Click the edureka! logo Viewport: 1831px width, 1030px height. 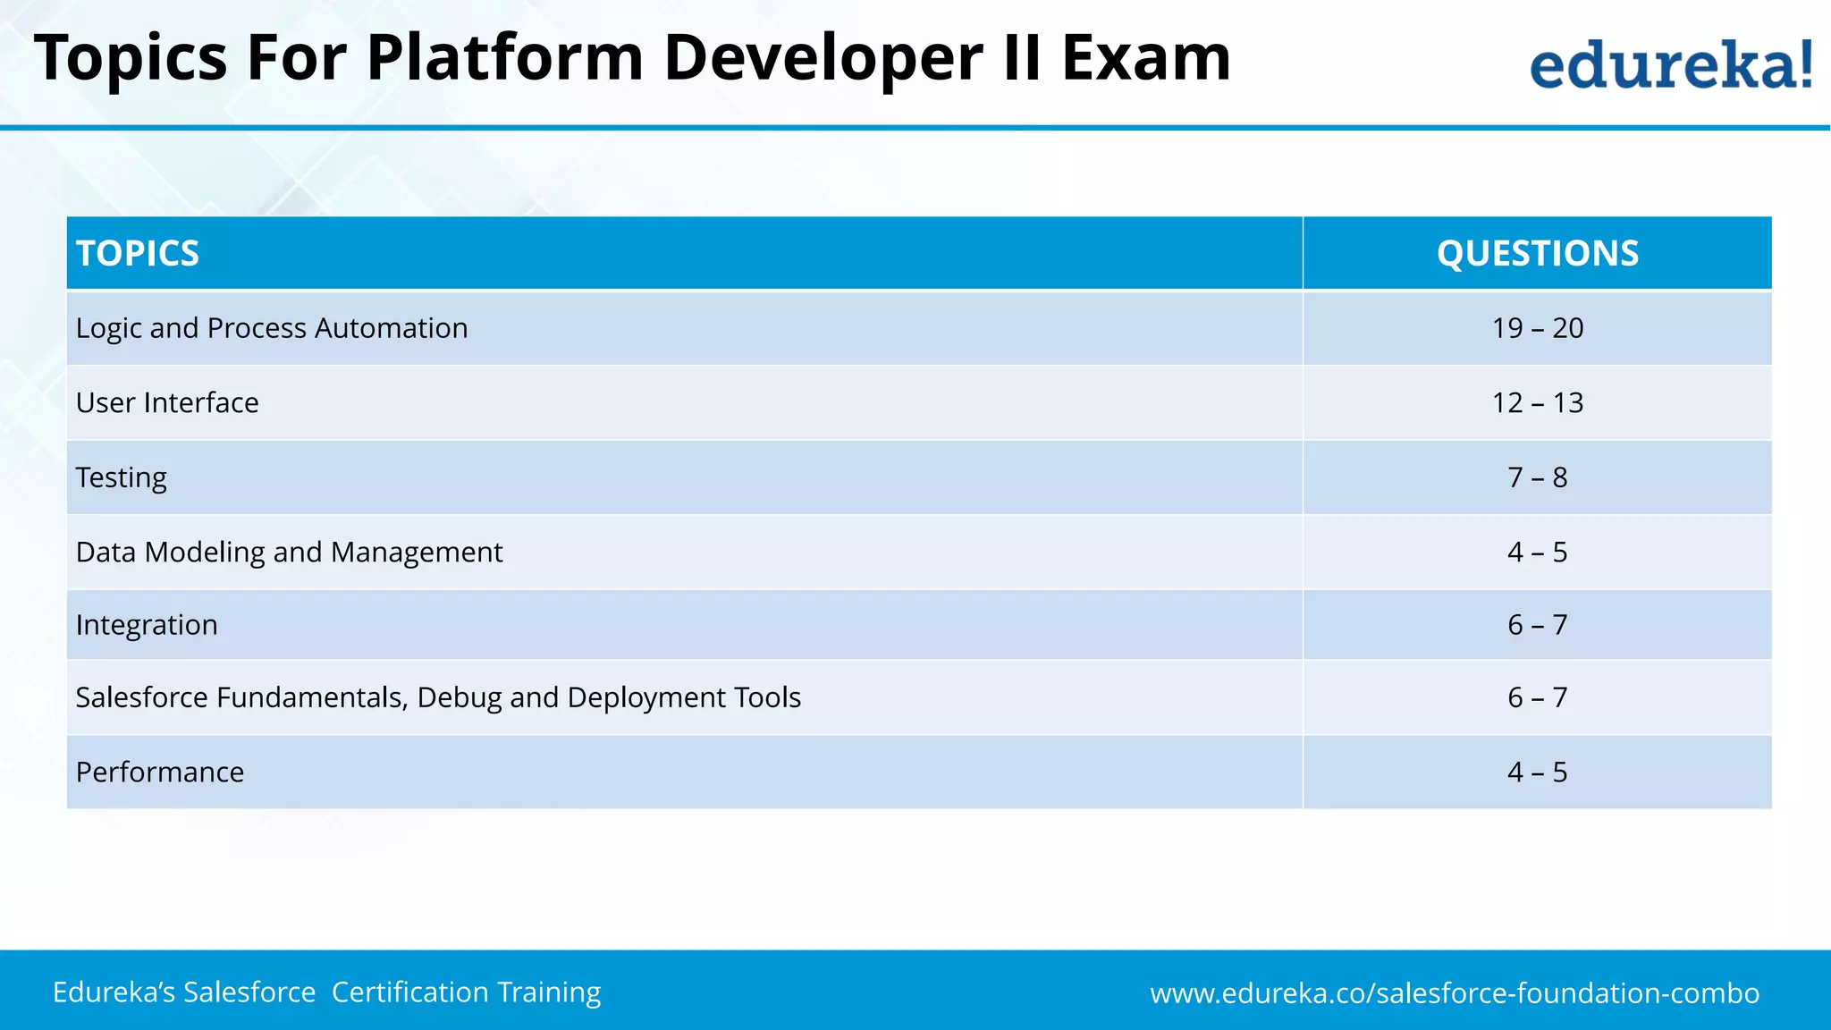point(1670,64)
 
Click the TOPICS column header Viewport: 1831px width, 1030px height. point(138,253)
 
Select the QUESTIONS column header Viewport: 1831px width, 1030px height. point(1537,253)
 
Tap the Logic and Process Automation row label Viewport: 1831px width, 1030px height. point(272,328)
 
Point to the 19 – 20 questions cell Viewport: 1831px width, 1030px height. point(1537,328)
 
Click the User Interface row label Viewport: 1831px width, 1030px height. point(167,402)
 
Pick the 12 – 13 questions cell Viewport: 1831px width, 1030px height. point(1537,402)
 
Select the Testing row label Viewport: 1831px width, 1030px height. point(122,477)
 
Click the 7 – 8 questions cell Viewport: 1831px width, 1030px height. point(1537,477)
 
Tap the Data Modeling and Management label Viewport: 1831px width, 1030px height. point(289,552)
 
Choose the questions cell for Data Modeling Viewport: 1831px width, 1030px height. point(1537,552)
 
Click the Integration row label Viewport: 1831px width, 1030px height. point(147,625)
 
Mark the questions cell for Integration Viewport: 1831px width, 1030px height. point(1537,625)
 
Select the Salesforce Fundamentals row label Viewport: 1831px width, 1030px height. point(438,697)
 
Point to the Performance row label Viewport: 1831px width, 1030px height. point(160,772)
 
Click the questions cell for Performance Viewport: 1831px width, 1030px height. point(1537,772)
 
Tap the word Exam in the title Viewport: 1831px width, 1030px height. point(1145,58)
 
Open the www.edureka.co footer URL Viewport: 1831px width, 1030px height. point(1455,992)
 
